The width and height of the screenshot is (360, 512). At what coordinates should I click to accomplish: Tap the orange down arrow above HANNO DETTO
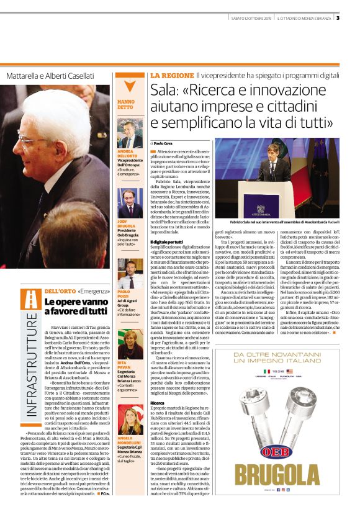click(x=129, y=84)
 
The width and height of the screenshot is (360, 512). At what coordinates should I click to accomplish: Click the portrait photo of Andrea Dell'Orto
click(x=130, y=132)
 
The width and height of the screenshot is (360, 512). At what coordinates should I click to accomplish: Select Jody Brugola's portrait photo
click(x=130, y=204)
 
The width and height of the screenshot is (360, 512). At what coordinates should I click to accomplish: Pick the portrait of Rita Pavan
click(x=130, y=344)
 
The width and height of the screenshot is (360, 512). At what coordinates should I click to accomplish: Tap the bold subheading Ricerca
click(x=157, y=403)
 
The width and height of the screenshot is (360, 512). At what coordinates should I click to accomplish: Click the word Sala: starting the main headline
click(x=166, y=91)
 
